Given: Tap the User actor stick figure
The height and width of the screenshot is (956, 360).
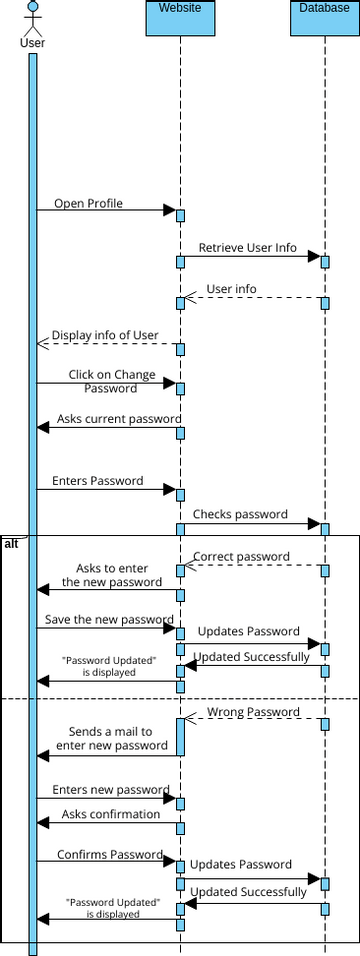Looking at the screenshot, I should point(32,18).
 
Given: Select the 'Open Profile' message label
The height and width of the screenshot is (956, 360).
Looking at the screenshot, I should point(88,203).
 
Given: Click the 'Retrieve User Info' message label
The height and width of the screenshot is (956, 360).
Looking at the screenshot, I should point(247,247).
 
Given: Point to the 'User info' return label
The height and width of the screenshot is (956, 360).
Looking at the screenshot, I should point(231,289).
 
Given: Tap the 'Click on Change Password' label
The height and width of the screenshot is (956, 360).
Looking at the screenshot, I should point(111,381).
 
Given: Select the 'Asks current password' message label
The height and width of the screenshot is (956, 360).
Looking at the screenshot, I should point(118,418).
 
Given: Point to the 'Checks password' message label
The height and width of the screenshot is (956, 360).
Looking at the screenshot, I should point(240,514).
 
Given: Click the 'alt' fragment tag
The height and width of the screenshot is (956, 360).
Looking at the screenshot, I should point(11,542).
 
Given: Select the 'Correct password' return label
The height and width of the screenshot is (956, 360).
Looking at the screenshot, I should point(241,556).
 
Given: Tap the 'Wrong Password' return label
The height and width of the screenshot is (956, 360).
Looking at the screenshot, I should point(253,712).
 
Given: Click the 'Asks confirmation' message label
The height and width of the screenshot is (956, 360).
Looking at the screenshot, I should point(111,813).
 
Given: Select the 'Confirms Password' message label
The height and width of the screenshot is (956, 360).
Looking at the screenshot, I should point(109,854).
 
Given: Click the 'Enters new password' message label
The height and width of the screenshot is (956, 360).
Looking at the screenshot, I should point(110,790).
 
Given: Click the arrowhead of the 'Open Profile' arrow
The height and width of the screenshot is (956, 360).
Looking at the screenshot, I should point(170,210).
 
